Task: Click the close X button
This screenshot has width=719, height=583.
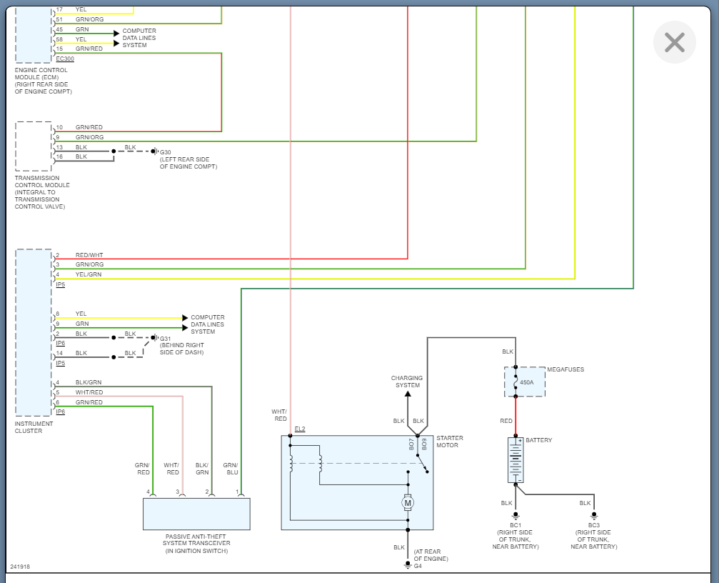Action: [x=674, y=42]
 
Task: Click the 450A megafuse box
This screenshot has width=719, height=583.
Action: [x=525, y=382]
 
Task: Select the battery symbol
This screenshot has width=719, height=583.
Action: [x=516, y=460]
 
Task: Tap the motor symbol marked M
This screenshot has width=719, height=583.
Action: [x=408, y=503]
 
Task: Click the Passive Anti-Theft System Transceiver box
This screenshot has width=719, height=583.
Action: [x=196, y=514]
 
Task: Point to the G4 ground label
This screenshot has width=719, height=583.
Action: [x=418, y=567]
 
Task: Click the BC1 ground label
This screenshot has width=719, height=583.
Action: [x=515, y=525]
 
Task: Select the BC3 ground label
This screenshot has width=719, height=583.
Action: [x=593, y=525]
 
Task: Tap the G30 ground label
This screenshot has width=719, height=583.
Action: [x=166, y=152]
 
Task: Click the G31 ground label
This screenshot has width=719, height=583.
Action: [x=166, y=339]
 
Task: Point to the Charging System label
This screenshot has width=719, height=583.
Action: [x=407, y=382]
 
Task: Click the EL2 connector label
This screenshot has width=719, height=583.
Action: [x=300, y=429]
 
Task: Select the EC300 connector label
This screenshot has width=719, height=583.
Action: [x=64, y=59]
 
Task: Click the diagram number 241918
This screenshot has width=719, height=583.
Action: [x=20, y=567]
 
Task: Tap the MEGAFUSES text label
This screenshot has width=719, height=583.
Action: [x=565, y=369]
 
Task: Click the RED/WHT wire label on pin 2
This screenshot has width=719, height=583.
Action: [x=89, y=255]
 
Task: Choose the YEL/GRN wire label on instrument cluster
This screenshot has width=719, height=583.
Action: [x=89, y=274]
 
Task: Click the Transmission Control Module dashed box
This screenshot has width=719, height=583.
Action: [x=34, y=146]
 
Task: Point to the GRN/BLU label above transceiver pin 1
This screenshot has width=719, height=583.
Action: [x=230, y=468]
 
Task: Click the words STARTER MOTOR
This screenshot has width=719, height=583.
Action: [x=450, y=442]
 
